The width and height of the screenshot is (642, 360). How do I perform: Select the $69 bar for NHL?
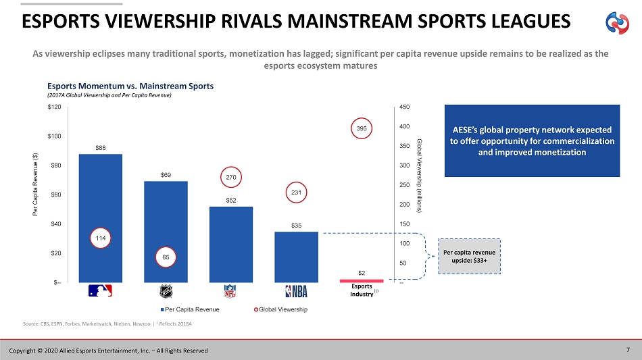pos(166,216)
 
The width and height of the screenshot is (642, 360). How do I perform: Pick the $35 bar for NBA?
pos(296,257)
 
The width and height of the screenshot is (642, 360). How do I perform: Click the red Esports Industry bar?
pos(361,280)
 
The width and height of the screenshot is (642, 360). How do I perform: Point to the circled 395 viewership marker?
pos(362,129)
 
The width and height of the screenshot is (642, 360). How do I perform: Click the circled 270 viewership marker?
pos(231,178)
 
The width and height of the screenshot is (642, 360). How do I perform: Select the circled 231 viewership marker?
pos(296,193)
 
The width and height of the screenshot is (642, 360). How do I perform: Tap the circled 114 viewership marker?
pos(100,238)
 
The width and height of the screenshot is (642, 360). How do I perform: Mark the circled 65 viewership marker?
pos(166,257)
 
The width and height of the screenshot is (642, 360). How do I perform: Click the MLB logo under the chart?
pos(100,291)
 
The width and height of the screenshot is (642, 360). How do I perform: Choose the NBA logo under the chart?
pos(296,291)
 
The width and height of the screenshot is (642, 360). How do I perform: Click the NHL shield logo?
pos(166,291)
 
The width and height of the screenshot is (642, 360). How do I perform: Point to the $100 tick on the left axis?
pos(53,136)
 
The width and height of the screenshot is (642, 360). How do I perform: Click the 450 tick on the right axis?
pos(404,107)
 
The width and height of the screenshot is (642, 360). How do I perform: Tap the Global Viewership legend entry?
pos(278,309)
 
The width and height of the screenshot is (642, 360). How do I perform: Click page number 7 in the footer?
pos(628,349)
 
